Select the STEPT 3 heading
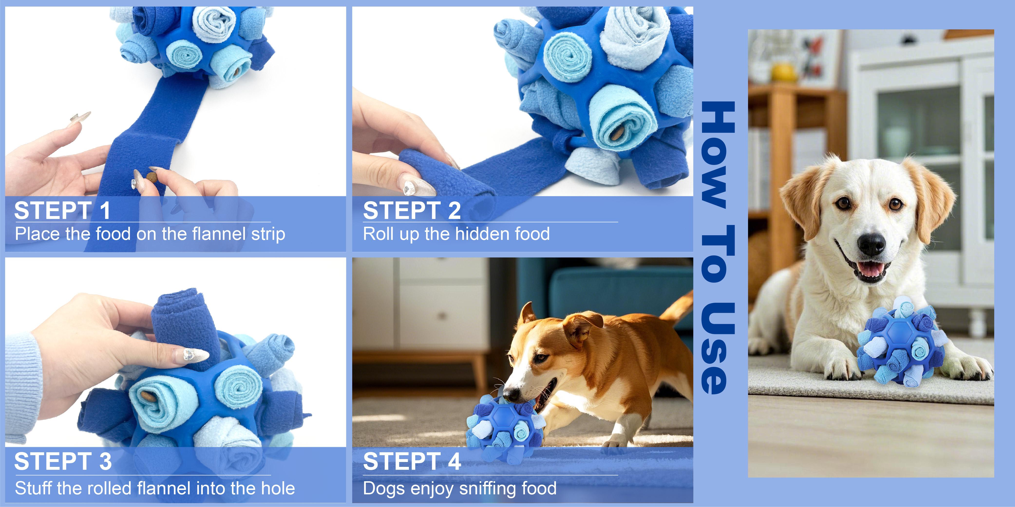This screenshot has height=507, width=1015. coord(63,461)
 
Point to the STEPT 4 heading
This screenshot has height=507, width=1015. coord(412,461)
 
